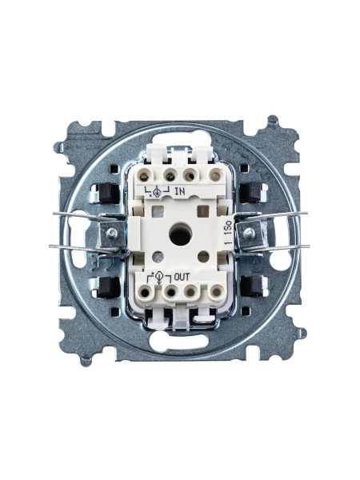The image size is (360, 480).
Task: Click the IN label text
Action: [x=180, y=192]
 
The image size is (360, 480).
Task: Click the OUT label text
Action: [x=182, y=278]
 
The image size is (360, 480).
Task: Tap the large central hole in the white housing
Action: [x=180, y=234]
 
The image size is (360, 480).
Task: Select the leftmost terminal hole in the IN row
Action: [x=145, y=176]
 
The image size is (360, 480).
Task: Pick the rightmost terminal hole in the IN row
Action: [x=216, y=176]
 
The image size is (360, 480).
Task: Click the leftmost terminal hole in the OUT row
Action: [x=145, y=292]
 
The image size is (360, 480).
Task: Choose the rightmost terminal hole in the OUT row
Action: [x=217, y=292]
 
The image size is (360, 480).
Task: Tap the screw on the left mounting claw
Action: [x=112, y=234]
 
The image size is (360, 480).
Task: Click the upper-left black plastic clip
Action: [x=108, y=193]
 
